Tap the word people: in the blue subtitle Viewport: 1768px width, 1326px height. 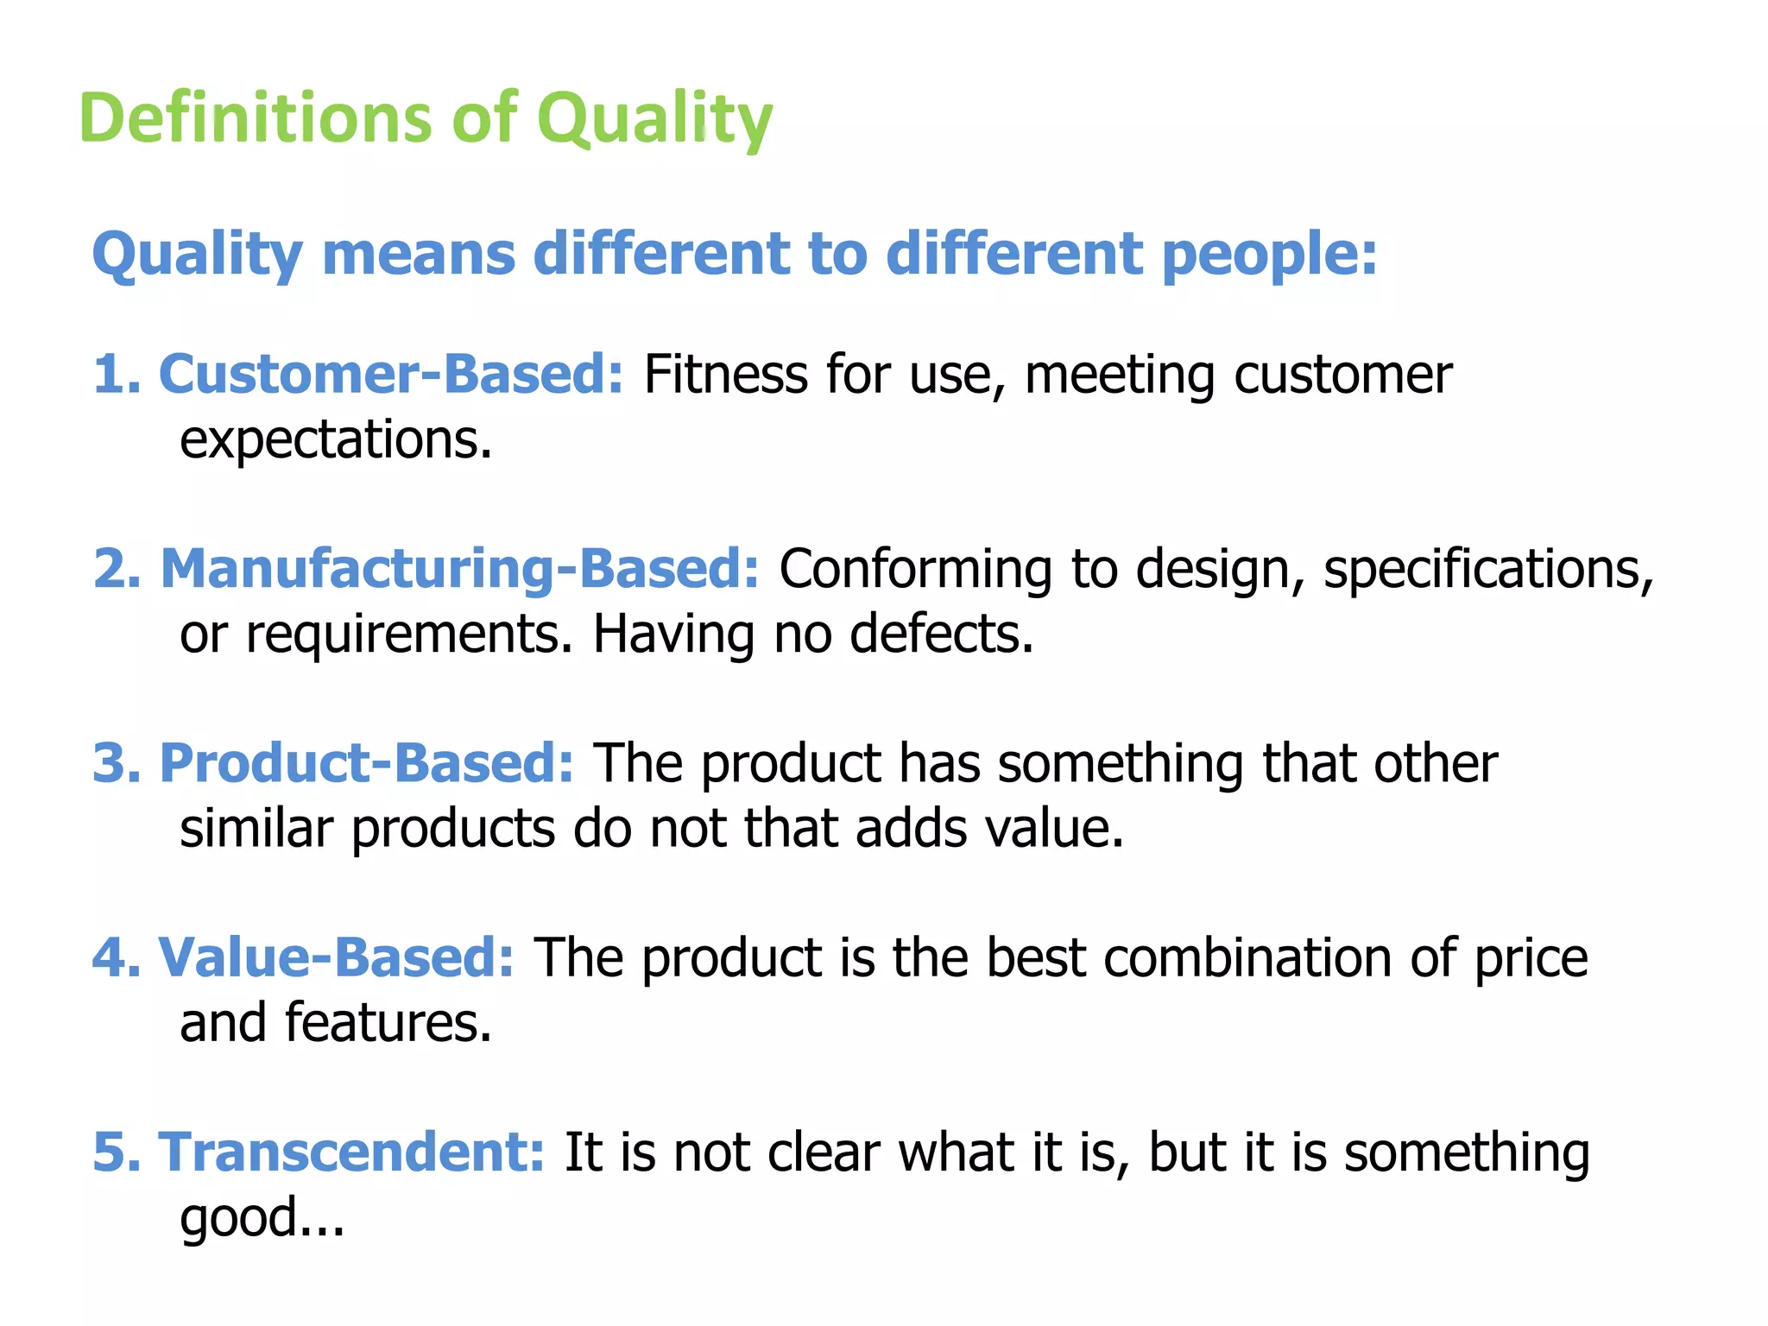[1269, 255]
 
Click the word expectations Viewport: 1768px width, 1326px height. [335, 440]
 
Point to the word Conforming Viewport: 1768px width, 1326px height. [915, 569]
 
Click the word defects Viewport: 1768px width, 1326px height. [941, 634]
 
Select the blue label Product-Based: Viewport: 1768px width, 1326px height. [367, 763]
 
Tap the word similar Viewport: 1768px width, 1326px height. [256, 828]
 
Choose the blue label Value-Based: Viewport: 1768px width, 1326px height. [337, 957]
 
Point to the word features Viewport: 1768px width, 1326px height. [388, 1022]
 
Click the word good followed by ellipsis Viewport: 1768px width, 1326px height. [262, 1218]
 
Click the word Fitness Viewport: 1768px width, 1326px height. [724, 375]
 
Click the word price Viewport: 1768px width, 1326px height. [1530, 957]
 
